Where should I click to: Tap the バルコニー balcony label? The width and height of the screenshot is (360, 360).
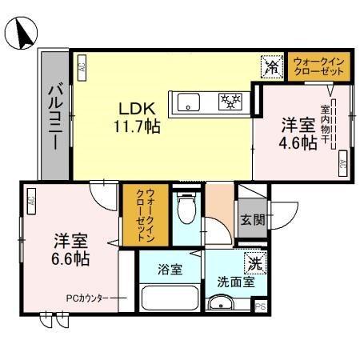tap(54, 117)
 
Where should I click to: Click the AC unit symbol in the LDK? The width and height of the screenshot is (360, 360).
tap(82, 67)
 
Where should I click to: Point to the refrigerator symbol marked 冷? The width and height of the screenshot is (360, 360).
tap(273, 68)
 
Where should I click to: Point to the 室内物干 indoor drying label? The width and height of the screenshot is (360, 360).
tap(326, 125)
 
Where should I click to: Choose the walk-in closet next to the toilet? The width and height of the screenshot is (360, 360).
tap(146, 214)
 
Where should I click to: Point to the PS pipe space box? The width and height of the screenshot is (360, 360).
tap(259, 306)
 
